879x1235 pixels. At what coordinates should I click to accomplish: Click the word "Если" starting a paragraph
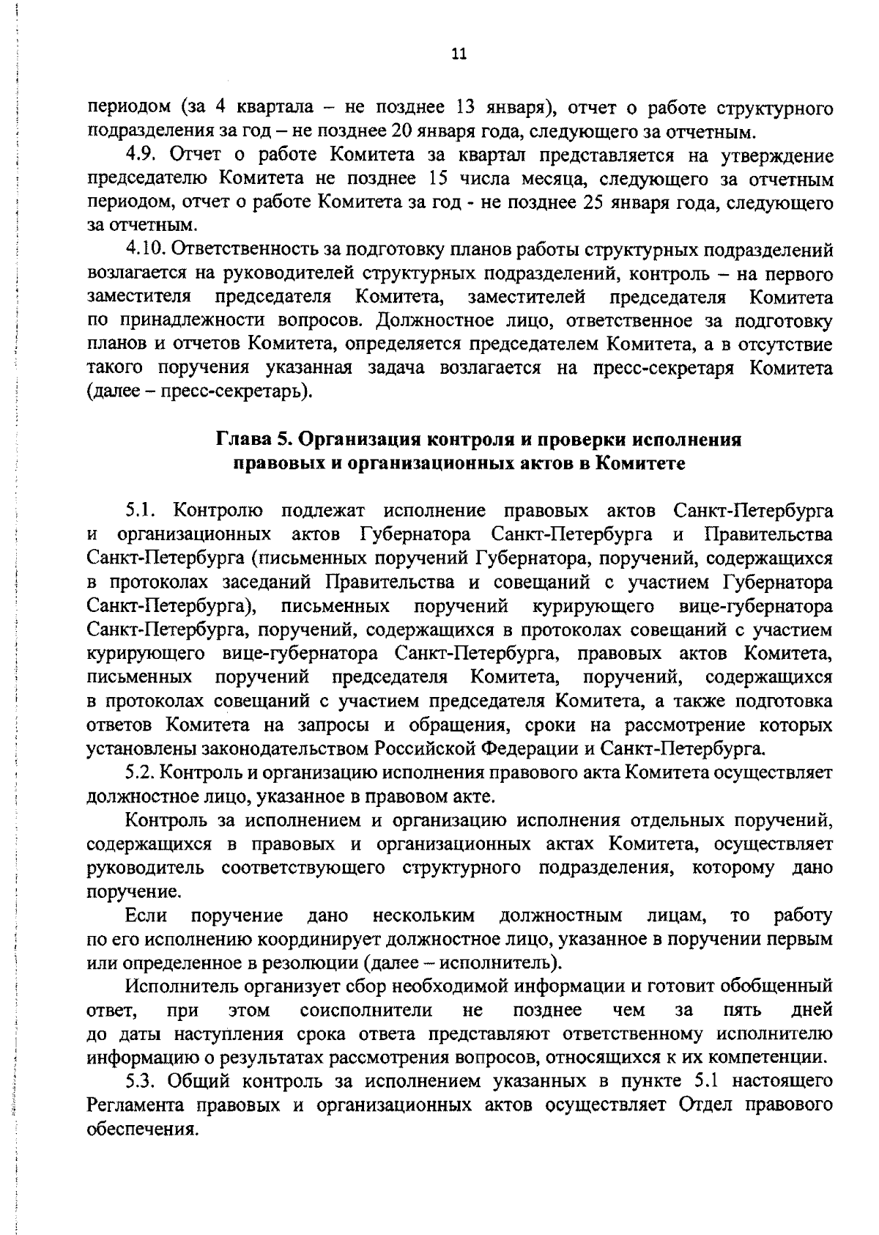[146, 915]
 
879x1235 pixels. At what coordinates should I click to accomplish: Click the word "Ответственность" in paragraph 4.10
[247, 251]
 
